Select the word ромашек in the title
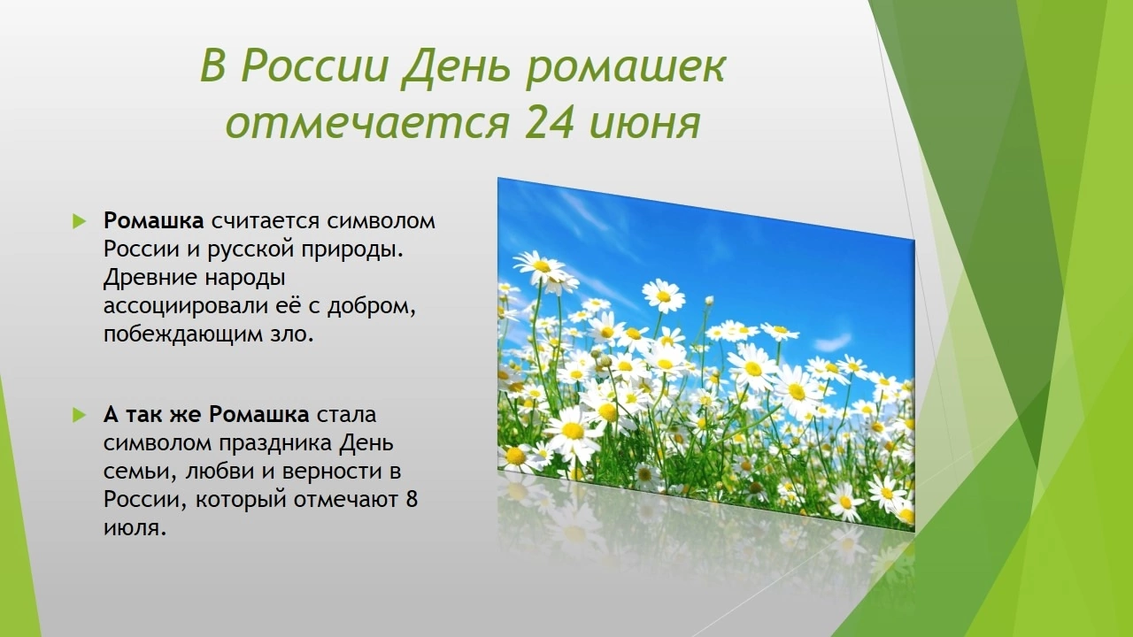tap(626, 69)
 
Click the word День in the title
tap(455, 67)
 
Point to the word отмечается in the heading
tap(366, 124)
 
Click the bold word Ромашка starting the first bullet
tap(154, 221)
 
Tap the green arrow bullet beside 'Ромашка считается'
tap(80, 221)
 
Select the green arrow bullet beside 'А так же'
tap(80, 415)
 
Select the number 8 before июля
tap(412, 500)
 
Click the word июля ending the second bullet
tap(135, 528)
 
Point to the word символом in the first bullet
tap(381, 222)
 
